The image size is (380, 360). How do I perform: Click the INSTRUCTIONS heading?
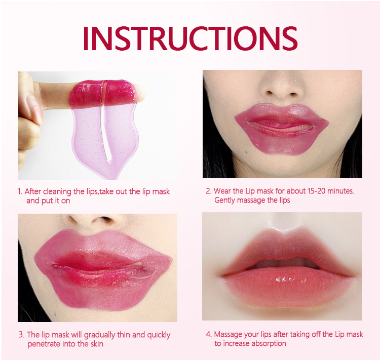(190, 37)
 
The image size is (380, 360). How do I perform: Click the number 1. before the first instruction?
(20, 191)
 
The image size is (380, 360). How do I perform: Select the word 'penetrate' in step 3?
(44, 344)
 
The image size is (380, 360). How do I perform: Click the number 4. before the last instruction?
(208, 334)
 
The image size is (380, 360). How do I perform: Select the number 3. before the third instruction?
(22, 335)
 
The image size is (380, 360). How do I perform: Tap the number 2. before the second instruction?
(208, 191)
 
